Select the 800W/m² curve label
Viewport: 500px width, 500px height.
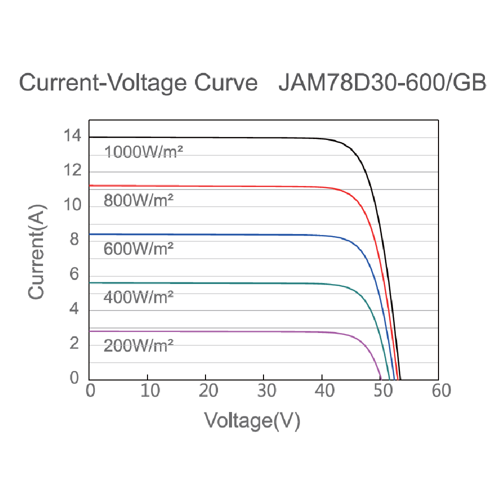[138, 200]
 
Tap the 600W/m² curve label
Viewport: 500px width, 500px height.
[138, 248]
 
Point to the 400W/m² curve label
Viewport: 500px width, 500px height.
[138, 297]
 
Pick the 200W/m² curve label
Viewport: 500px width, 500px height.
[138, 345]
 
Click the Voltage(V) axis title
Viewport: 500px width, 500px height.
[252, 420]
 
